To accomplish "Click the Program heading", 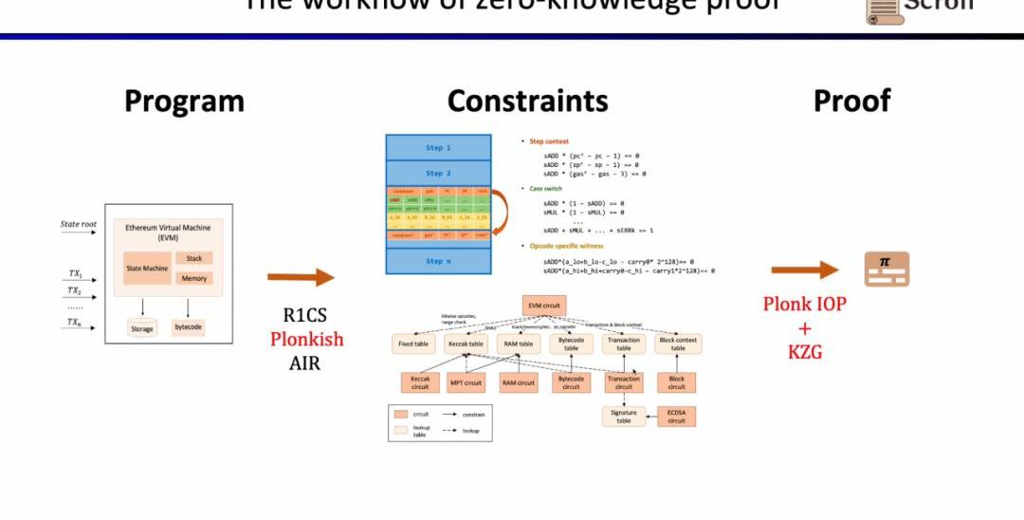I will click(184, 101).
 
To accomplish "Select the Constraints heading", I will click(527, 101).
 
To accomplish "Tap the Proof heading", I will click(851, 101).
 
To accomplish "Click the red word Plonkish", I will click(306, 339).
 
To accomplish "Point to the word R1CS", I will click(304, 316).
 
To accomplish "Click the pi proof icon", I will click(887, 269).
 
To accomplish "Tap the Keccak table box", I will click(465, 344).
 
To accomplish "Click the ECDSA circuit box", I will click(676, 416).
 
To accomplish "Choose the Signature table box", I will click(624, 416).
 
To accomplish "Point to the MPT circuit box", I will click(465, 382).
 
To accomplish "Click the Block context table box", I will click(678, 344).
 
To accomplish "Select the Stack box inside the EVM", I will click(193, 258).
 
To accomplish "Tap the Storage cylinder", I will click(142, 329).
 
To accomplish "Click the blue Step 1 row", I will click(438, 148).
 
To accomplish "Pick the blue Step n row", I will click(438, 261).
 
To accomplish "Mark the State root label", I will click(79, 225).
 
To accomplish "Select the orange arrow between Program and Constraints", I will click(301, 277).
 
